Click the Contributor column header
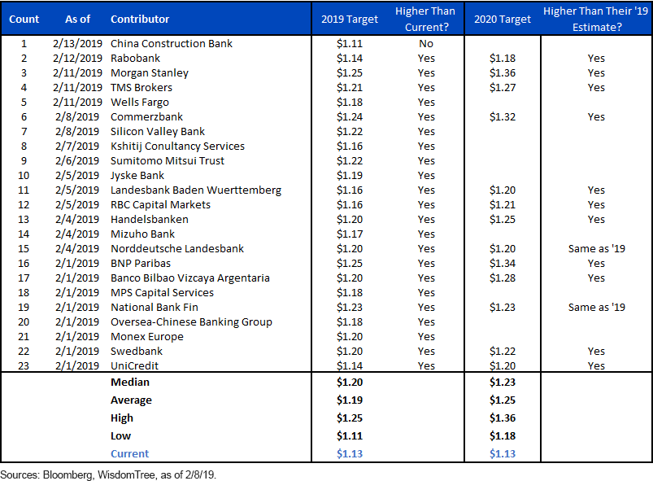point(140,20)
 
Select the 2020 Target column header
point(503,20)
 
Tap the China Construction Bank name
point(171,44)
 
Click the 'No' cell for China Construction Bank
point(426,44)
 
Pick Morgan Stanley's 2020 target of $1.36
point(503,73)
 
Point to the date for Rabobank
point(77,59)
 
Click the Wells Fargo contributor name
point(140,103)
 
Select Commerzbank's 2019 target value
point(350,117)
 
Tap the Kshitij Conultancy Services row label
point(177,146)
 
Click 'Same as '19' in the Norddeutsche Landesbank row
point(596,249)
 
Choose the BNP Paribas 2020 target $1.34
point(503,264)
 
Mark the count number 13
point(24,220)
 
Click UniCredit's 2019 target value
point(350,366)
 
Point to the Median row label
point(130,383)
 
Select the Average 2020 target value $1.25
point(503,400)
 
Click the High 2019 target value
point(350,418)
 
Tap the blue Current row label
point(129,454)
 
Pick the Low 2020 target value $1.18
point(503,436)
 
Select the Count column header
point(24,20)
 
